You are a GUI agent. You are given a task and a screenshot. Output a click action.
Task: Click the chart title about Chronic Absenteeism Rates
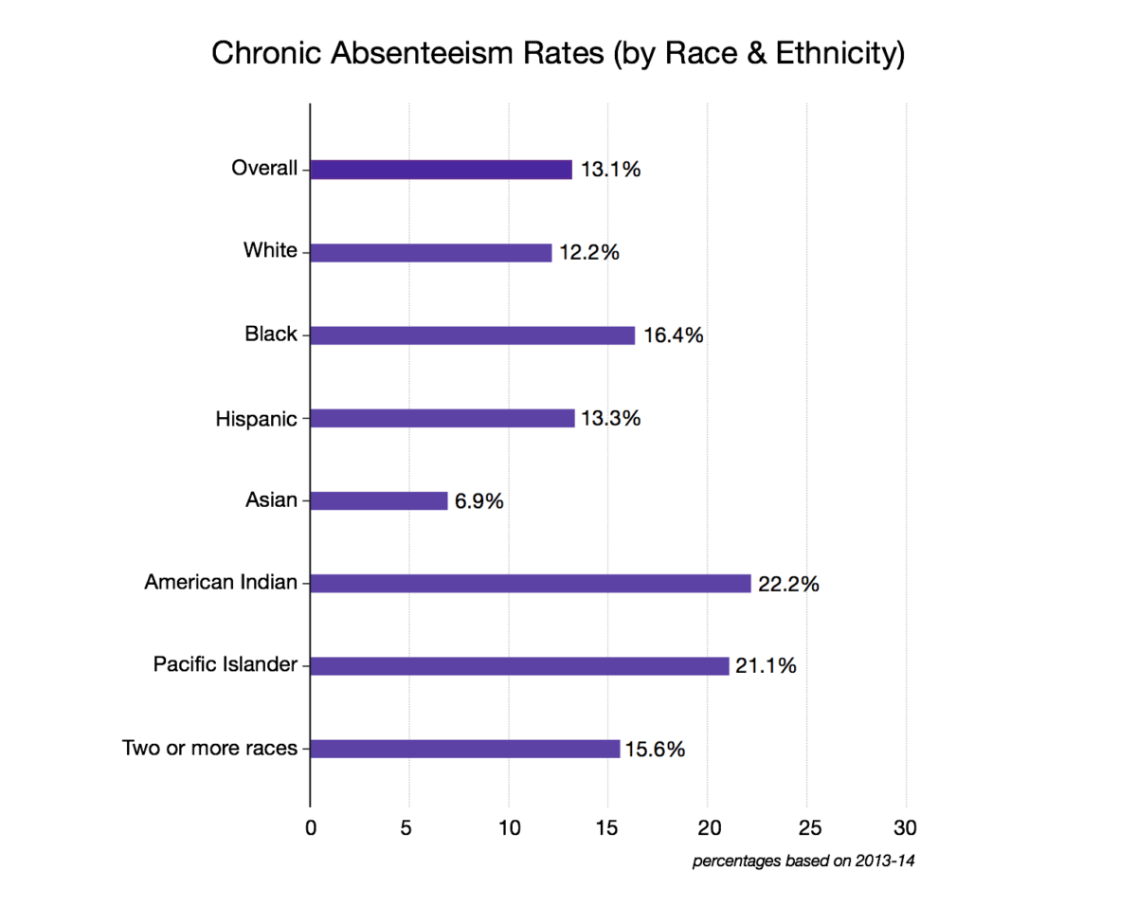coord(558,54)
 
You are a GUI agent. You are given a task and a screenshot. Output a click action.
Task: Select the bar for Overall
coord(442,170)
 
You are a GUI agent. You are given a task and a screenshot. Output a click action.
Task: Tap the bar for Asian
coord(379,500)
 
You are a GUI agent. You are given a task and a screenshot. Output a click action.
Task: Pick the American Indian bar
coord(531,584)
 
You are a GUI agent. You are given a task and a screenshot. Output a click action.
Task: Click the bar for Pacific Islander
coord(520,666)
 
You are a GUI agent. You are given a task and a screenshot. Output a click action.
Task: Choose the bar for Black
coord(473,335)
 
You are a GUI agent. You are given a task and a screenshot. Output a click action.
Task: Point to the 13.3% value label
coord(611,418)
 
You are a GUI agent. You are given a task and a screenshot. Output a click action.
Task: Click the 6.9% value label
coord(479,501)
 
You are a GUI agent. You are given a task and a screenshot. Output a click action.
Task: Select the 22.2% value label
coord(788,585)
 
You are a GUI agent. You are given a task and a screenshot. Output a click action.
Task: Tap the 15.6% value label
coord(655,750)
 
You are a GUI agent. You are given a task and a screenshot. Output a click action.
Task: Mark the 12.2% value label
coord(588,253)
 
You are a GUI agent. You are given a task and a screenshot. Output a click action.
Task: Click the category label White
coord(270,251)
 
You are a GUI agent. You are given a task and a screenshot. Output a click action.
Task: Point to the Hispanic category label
coord(256,418)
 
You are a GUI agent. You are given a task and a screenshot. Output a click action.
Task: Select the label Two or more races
coord(210,749)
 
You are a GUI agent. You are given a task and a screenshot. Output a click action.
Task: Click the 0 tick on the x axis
coord(311,826)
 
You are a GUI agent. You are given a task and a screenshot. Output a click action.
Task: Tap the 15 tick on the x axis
coord(608,826)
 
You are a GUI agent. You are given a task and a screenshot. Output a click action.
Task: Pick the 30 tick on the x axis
coord(906,826)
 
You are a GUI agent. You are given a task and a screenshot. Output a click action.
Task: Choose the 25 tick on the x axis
coord(806,826)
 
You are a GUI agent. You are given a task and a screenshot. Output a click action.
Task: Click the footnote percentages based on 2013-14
coord(806,861)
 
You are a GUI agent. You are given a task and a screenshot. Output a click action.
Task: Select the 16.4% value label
coord(674,335)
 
